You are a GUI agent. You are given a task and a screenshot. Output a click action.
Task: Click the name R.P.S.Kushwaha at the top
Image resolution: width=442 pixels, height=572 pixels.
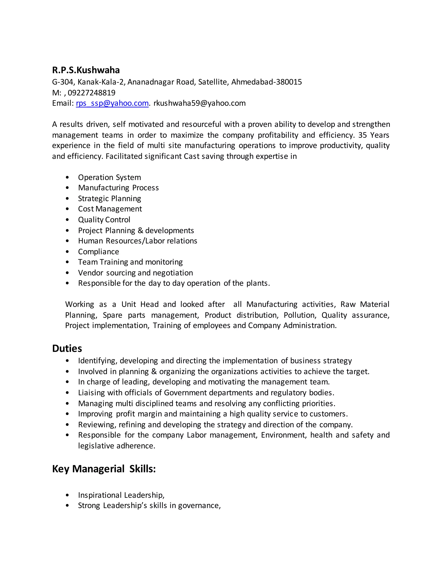click(x=86, y=70)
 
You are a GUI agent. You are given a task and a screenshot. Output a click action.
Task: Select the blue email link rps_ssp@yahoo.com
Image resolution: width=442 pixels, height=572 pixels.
click(x=112, y=103)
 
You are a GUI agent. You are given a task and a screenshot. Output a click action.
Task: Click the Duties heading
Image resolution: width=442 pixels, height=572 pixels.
click(x=67, y=348)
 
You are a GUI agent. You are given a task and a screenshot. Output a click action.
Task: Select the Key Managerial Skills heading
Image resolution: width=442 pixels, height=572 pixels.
click(x=104, y=469)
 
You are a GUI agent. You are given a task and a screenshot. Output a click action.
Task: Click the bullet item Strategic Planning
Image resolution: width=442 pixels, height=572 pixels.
click(x=109, y=199)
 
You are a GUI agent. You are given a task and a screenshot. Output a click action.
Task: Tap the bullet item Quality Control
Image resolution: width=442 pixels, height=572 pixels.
click(x=104, y=220)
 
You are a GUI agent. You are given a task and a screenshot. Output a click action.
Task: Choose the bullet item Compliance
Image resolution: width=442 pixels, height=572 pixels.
click(x=98, y=252)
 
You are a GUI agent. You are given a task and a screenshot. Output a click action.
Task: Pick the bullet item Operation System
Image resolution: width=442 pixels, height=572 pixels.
click(x=109, y=177)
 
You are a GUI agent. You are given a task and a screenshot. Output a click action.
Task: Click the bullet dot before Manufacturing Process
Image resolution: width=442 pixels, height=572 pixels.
click(x=67, y=188)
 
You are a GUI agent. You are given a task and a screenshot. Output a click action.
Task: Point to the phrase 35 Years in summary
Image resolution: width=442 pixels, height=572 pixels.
click(x=374, y=135)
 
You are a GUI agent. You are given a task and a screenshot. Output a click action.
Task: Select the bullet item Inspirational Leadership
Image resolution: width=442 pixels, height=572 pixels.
click(x=121, y=495)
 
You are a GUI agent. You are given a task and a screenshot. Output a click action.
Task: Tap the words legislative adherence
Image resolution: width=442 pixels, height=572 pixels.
click(x=117, y=446)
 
